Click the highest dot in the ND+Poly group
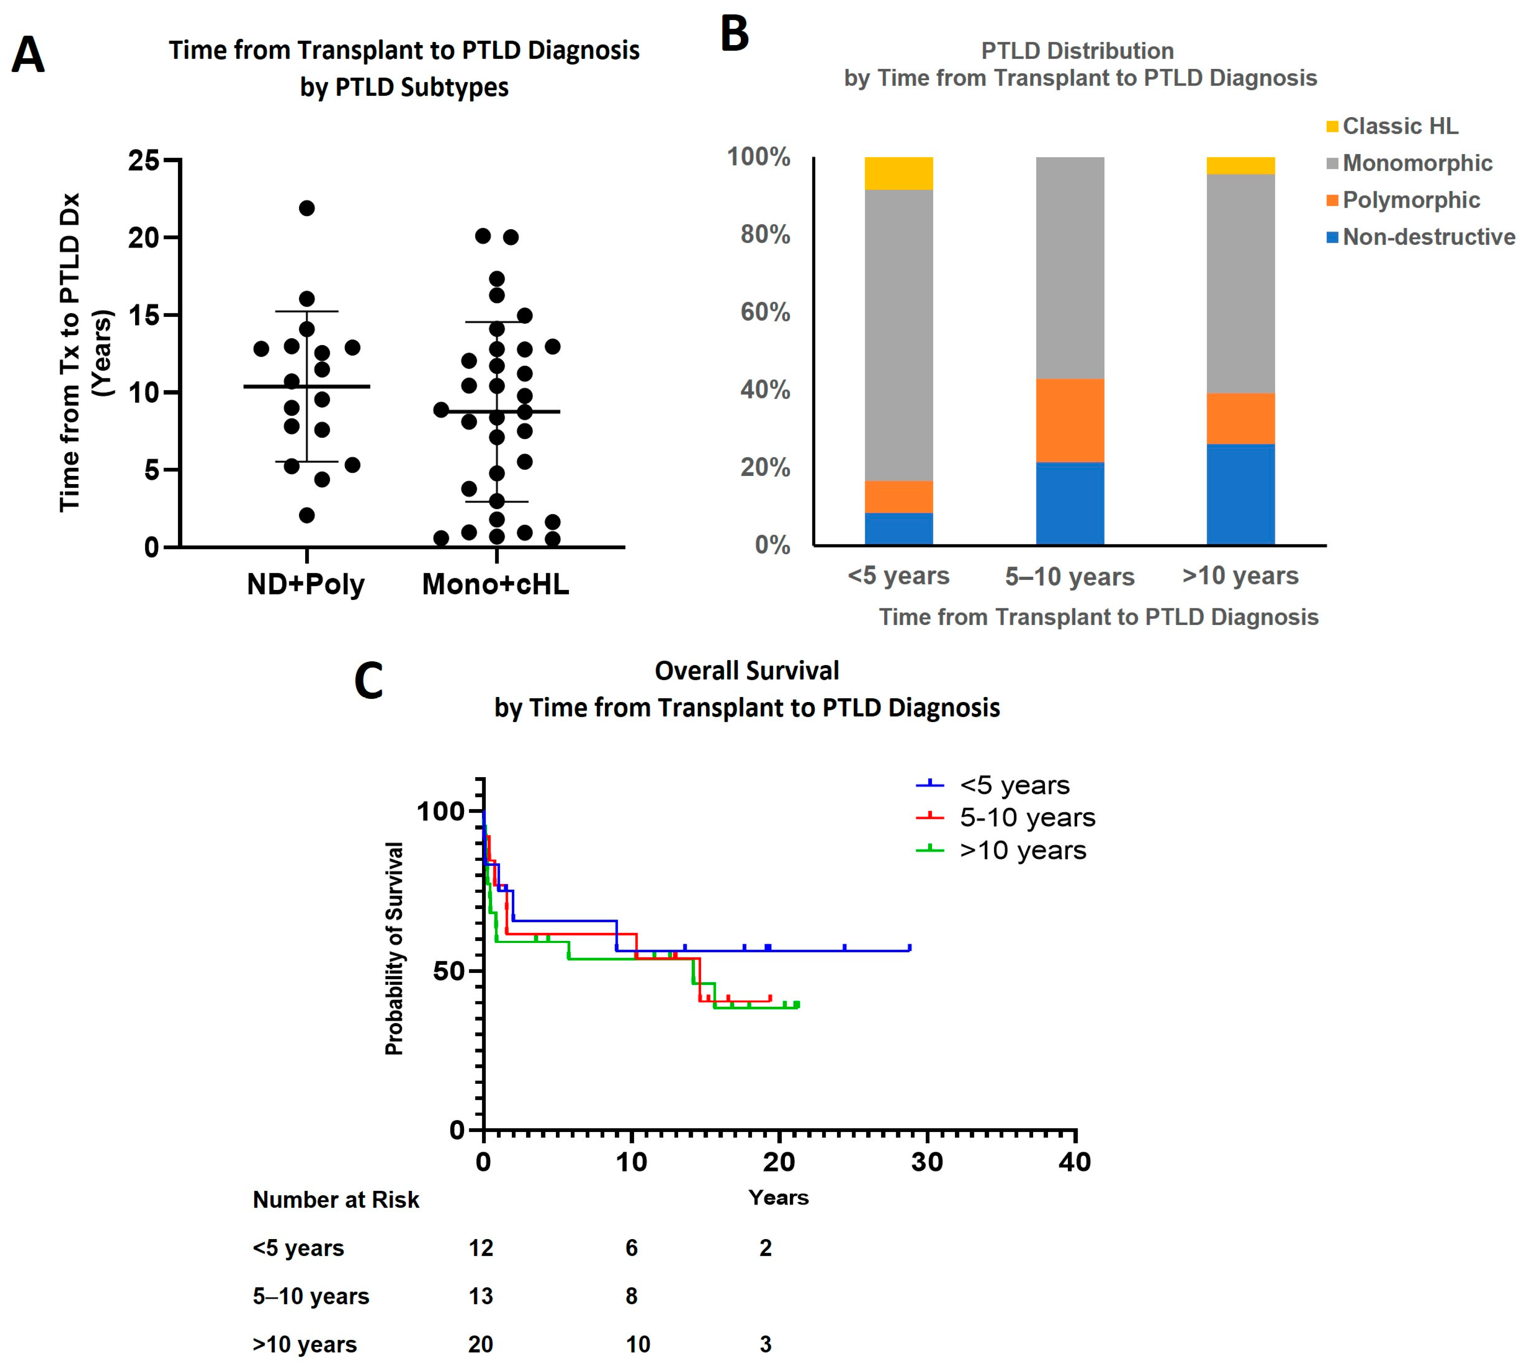(307, 208)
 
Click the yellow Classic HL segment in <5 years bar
(898, 173)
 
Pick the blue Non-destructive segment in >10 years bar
(1240, 494)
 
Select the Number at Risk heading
(335, 1200)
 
